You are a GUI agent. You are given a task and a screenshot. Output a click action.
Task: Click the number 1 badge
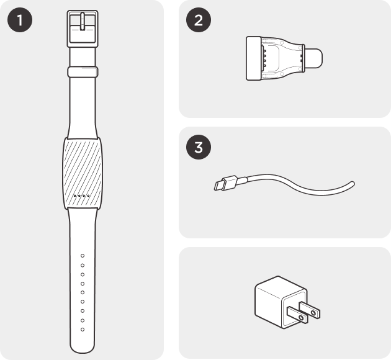[x=20, y=20]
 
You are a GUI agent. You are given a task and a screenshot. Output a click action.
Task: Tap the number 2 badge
[x=199, y=20]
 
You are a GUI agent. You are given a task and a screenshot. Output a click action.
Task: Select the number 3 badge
[x=199, y=147]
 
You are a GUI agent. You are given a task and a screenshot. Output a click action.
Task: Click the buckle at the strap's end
[x=83, y=29]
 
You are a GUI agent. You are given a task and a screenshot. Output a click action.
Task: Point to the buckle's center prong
[x=83, y=22]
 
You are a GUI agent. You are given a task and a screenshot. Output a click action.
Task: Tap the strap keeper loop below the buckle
[x=83, y=72]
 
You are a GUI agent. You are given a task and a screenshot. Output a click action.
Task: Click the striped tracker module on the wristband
[x=83, y=173]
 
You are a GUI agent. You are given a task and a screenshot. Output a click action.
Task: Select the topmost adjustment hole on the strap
[x=83, y=256]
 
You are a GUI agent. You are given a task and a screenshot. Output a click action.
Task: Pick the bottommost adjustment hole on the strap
[x=83, y=330]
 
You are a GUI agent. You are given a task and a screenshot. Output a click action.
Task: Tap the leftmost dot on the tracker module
[x=75, y=196]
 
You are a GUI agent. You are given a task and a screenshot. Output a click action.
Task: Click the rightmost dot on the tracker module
[x=88, y=196]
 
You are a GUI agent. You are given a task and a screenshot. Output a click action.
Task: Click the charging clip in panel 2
[x=284, y=58]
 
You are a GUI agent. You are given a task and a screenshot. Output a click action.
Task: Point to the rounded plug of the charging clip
[x=313, y=58]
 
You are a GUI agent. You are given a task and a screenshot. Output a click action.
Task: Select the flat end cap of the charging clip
[x=254, y=58]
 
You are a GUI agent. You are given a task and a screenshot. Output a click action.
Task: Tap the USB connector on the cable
[x=226, y=182]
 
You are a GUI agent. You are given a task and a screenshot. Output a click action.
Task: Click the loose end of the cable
[x=352, y=184]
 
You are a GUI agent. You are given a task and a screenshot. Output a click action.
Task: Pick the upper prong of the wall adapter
[x=310, y=310]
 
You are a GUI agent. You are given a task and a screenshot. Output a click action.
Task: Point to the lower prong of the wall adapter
[x=297, y=315]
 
